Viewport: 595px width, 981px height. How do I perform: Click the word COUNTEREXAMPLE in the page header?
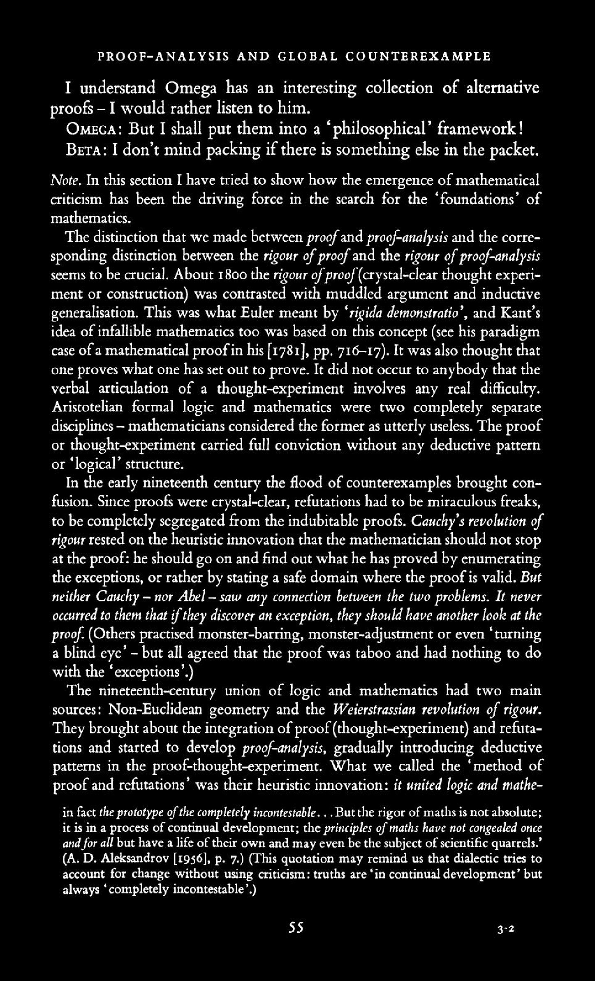click(x=418, y=56)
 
